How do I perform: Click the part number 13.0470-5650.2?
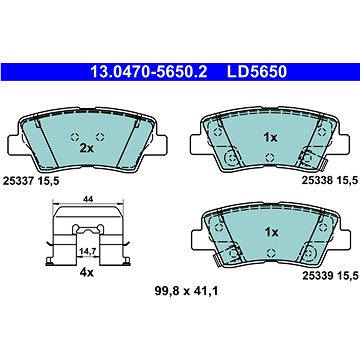click(x=149, y=72)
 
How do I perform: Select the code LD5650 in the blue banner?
click(x=257, y=72)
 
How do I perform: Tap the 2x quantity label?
click(x=87, y=149)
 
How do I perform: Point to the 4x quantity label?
click(x=87, y=273)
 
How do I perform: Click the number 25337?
click(x=17, y=181)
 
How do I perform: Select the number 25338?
click(x=316, y=180)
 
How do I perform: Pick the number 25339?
click(x=316, y=275)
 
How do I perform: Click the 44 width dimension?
click(x=88, y=199)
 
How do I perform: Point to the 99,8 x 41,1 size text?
click(x=186, y=292)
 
